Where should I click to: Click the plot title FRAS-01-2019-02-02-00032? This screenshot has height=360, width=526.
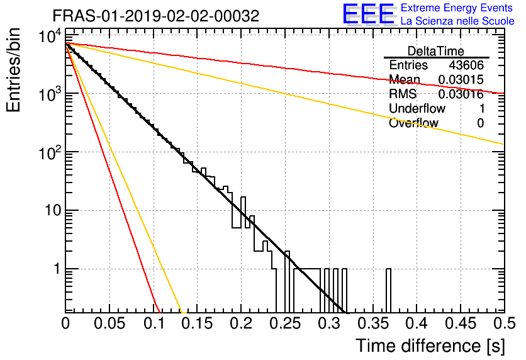tap(156, 16)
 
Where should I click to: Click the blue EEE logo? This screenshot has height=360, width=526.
tap(369, 14)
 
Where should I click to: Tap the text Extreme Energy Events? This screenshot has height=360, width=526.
tap(457, 8)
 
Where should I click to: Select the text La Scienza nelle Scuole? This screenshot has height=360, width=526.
tap(457, 21)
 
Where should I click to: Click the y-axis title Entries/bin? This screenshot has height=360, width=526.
tap(13, 70)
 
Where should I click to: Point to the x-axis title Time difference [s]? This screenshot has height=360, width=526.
tap(430, 346)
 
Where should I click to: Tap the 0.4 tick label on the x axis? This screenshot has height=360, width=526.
tap(417, 323)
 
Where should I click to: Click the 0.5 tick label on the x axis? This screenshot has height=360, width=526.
tap(504, 323)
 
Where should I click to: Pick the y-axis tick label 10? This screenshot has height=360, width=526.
tap(53, 210)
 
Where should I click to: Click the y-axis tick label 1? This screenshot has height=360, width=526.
tap(57, 269)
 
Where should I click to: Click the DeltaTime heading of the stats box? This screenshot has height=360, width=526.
tap(436, 52)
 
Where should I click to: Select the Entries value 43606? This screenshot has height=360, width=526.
tap(466, 65)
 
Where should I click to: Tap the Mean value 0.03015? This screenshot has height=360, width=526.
tap(461, 79)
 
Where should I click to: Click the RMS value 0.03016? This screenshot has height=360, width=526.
tap(461, 94)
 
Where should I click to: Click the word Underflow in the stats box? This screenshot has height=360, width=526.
tap(417, 108)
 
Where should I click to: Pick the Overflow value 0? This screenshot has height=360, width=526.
tap(480, 123)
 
